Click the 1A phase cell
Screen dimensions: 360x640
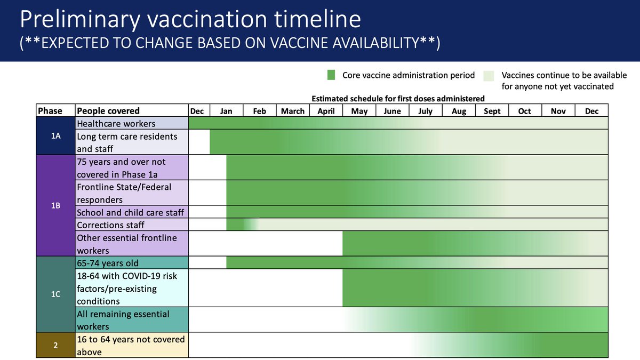(56, 136)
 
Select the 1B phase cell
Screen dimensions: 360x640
(56, 205)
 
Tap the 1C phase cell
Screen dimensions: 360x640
(56, 294)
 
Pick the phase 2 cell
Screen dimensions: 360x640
(56, 345)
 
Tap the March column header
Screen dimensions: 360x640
(293, 111)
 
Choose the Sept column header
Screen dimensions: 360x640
(492, 111)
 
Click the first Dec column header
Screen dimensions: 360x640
(197, 111)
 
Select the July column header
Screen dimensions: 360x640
(426, 111)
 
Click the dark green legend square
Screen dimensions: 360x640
(331, 75)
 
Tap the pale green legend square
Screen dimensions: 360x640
(489, 75)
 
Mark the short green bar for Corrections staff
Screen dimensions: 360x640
(237, 225)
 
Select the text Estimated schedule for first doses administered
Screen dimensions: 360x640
(398, 99)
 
